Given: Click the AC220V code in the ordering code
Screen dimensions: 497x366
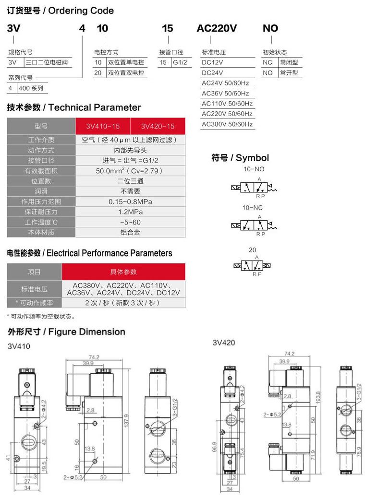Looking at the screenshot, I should (217, 28).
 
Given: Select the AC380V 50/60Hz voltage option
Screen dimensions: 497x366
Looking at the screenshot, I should (227, 124).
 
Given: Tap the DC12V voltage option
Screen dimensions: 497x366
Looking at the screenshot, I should (212, 62).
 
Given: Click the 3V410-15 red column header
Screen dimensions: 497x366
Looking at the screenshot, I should (103, 127).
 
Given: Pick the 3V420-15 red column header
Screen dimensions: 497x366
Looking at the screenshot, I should (158, 127).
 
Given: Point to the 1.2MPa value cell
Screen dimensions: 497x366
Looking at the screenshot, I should (130, 212).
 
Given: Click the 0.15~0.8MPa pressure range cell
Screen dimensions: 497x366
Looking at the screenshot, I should (130, 201).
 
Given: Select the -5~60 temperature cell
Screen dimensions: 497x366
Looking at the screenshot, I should (130, 222).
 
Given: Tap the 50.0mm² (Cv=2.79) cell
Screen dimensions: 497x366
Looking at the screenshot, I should (130, 171).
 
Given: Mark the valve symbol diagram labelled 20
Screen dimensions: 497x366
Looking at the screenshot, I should (253, 265).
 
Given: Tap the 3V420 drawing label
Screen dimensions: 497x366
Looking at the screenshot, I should (223, 343).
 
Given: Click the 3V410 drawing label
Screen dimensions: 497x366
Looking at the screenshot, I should (19, 346).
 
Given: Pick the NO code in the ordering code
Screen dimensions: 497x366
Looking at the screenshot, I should (270, 28).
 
